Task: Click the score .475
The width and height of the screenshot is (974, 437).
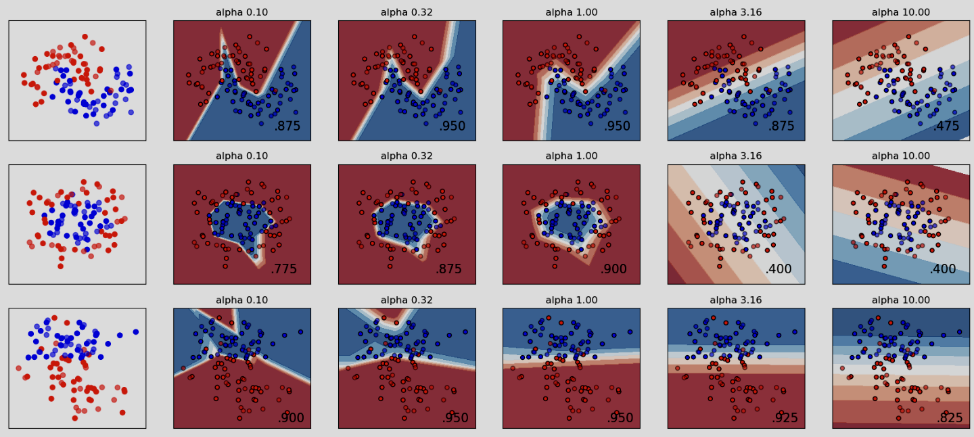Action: pos(946,127)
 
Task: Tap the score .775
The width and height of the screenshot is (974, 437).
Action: pos(283,269)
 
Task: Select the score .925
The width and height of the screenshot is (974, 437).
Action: pos(785,417)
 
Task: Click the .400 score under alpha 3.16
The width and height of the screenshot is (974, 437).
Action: pos(779,269)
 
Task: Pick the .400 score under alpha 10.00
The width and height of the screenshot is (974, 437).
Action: pos(943,269)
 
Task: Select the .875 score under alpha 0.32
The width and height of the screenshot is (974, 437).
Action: pos(448,269)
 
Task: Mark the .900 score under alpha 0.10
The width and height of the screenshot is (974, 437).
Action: pos(291,417)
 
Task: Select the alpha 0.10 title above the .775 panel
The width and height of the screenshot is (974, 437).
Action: pos(241,156)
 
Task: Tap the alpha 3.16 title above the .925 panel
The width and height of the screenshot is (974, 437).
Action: pos(736,300)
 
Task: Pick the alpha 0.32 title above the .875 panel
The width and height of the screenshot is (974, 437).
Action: pos(407,156)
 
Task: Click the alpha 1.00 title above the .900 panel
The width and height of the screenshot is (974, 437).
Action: pos(572,156)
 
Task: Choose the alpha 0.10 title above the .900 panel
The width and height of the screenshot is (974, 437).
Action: pos(241,300)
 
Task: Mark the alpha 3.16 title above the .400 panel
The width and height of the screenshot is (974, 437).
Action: pos(736,156)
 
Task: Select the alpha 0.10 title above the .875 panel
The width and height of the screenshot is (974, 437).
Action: pos(241,12)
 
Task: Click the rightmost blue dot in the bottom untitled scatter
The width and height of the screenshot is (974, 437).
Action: pos(136,331)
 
